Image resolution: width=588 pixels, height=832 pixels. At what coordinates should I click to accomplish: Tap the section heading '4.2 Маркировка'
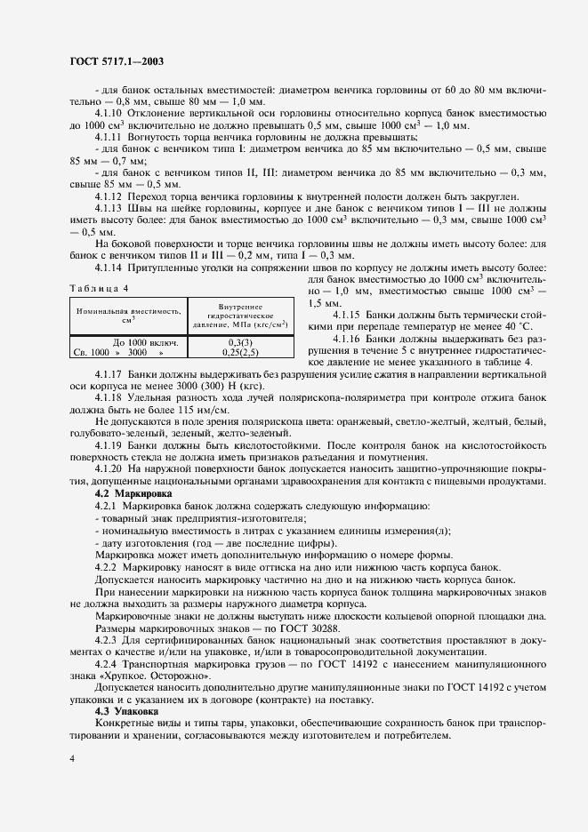tap(126, 492)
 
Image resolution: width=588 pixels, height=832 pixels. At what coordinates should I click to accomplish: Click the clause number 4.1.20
tap(109, 468)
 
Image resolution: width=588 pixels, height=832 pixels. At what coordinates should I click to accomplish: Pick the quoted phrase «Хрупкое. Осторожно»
tap(144, 662)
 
